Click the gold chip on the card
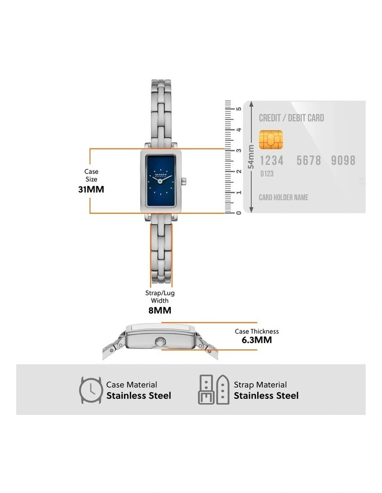tap(271, 140)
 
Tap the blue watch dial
tap(162, 182)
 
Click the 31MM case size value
tap(91, 189)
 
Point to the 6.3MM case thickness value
tap(257, 340)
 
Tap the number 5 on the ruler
tap(239, 109)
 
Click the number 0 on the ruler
tap(239, 213)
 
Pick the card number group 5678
tap(309, 160)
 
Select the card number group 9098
tap(343, 160)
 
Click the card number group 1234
tap(271, 160)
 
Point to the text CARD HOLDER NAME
tap(283, 198)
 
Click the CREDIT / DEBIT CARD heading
tap(291, 118)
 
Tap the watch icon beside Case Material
tap(91, 390)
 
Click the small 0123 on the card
tap(267, 174)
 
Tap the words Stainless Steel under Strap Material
tap(266, 396)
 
